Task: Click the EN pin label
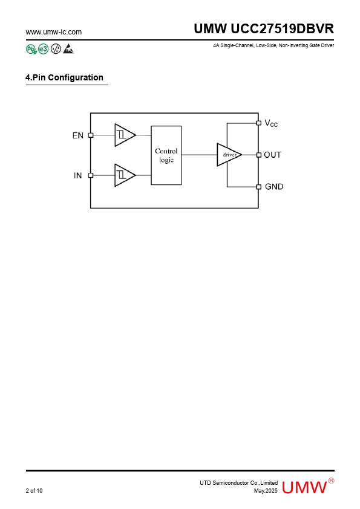78,135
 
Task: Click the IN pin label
77,176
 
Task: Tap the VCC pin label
271,123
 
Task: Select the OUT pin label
272,155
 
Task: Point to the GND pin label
274,187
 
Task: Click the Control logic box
166,155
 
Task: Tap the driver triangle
229,155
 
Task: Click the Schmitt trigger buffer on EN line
125,135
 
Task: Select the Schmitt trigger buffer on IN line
125,175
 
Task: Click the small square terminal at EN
91,135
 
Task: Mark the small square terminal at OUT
258,155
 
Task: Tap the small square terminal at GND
258,187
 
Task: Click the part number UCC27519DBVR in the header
282,29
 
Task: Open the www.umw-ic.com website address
54,32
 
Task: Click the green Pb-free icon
31,49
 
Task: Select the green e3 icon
43,49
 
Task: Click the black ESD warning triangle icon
68,49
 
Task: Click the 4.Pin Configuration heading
64,77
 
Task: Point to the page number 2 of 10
34,490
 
